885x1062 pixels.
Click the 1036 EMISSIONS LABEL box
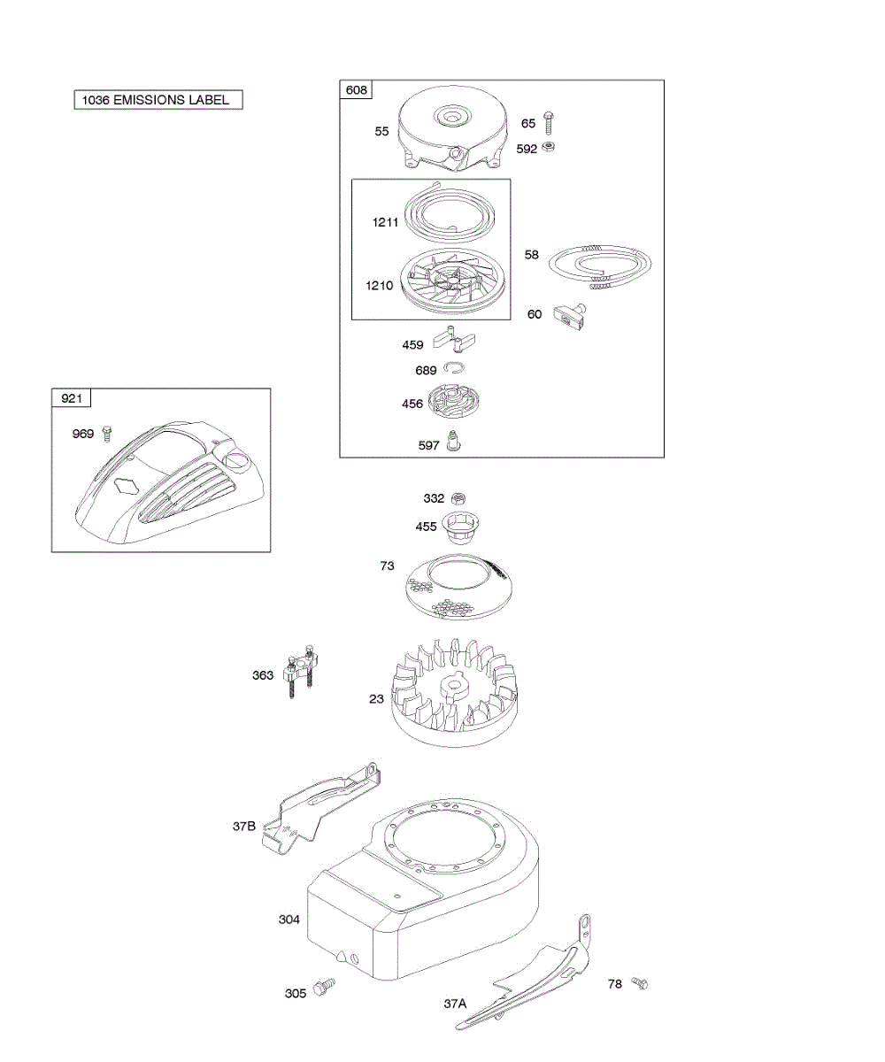click(158, 100)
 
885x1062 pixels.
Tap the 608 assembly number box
click(357, 89)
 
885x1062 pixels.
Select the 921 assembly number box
click(71, 399)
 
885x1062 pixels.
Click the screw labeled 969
click(108, 434)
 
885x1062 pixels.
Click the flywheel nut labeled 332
click(458, 499)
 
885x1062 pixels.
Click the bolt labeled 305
click(326, 985)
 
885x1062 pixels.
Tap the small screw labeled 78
click(640, 983)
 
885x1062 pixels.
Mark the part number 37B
click(244, 827)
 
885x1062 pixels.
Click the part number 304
click(289, 920)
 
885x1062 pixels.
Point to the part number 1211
click(387, 224)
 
